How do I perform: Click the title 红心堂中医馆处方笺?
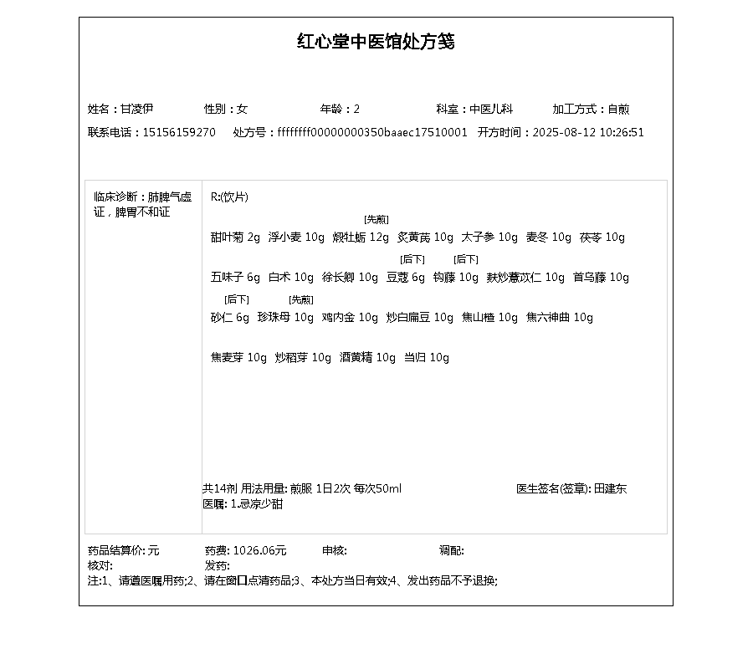click(376, 42)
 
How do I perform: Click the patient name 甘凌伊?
click(137, 109)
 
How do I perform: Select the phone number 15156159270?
click(179, 132)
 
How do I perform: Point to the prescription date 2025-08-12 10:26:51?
click(588, 132)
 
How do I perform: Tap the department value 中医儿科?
click(490, 109)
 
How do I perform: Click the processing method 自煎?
click(618, 109)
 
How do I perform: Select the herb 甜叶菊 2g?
click(235, 237)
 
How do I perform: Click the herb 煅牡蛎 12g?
click(361, 237)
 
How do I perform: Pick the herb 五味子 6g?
click(235, 278)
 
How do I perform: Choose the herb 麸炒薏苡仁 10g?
click(525, 278)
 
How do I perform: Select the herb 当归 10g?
click(426, 358)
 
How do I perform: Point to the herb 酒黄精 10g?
click(367, 358)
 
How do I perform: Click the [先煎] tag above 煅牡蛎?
click(376, 219)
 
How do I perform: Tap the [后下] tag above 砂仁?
click(237, 299)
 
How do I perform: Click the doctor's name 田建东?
click(610, 488)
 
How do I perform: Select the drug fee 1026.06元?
click(259, 550)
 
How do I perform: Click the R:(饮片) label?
click(229, 197)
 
